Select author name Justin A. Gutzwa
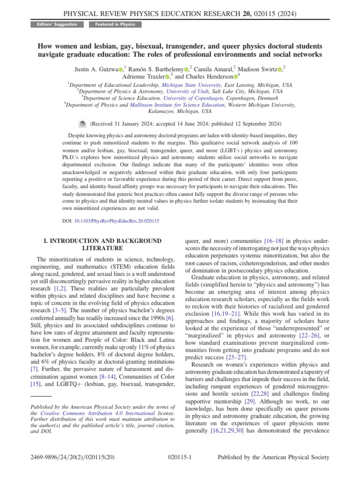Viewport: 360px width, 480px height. point(96,69)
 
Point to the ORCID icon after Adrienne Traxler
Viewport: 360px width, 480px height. point(167,76)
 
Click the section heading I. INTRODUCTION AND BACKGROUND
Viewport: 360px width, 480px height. point(103,240)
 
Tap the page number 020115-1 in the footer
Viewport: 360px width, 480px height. point(180,457)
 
